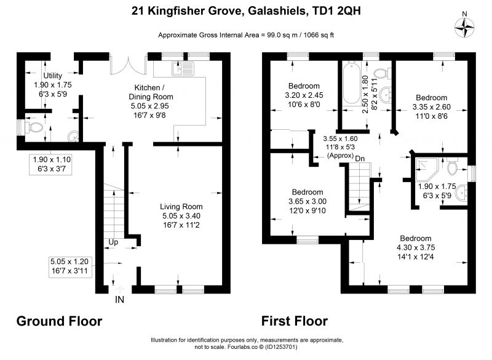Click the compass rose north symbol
464,28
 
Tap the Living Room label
181,207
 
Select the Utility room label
52,76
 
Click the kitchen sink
183,69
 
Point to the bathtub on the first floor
351,84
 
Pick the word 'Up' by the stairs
113,242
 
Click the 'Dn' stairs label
360,159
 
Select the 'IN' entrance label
119,300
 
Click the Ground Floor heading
59,321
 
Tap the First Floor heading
295,321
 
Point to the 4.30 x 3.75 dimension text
416,247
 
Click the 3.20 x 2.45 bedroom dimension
304,95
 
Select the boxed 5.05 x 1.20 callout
70,266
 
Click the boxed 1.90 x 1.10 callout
51,164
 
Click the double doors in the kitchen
129,65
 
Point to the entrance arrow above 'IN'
119,289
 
